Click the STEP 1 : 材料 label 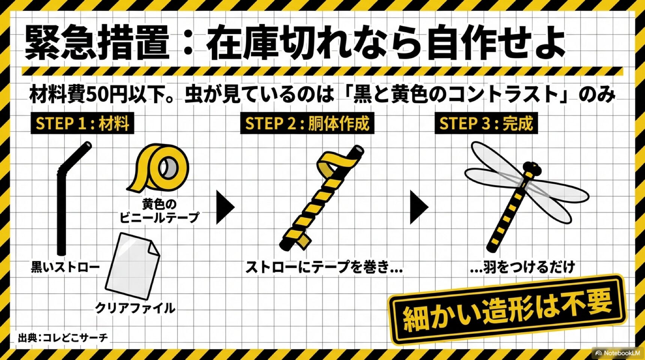(x=82, y=123)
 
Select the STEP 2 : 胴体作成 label (x=307, y=123)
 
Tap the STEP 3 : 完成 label (x=486, y=123)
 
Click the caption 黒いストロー (x=65, y=267)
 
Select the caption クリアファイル (x=135, y=308)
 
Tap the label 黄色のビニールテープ (x=159, y=211)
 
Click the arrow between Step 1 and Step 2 (x=225, y=207)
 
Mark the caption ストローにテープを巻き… (x=324, y=267)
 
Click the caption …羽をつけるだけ (x=522, y=267)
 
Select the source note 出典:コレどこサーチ (x=63, y=338)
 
